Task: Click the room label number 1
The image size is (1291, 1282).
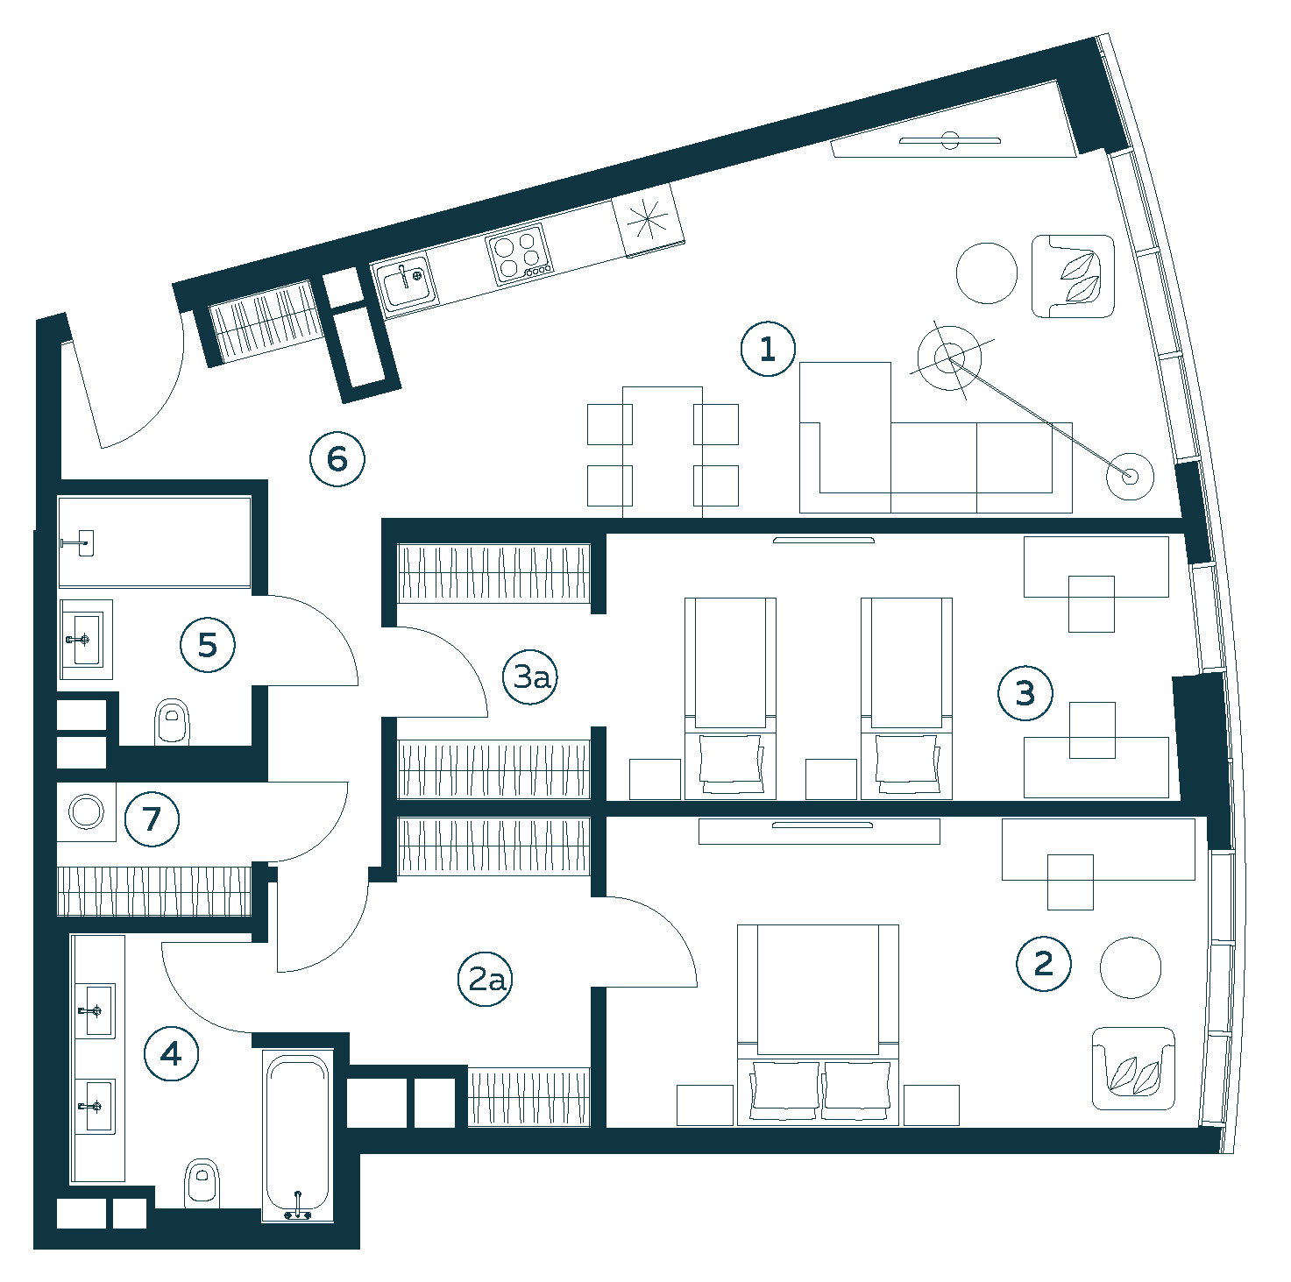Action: point(768,349)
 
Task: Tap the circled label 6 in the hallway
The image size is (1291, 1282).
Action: point(337,459)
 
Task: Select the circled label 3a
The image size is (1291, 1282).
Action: point(530,676)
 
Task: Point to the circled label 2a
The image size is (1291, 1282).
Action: point(485,979)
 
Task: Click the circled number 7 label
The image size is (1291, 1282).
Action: point(153,819)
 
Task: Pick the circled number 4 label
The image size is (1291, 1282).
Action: point(172,1053)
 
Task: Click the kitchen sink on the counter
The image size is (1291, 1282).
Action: point(405,283)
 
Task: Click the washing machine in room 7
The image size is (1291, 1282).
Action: point(87,812)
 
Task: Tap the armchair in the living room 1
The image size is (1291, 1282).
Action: point(1073,276)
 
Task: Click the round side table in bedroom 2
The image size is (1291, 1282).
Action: point(1131,967)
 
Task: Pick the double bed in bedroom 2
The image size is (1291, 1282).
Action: point(818,1025)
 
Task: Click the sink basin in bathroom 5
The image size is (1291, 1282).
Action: point(86,640)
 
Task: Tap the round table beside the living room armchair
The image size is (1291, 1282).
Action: point(987,273)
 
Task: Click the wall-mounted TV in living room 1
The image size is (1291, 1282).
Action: point(950,141)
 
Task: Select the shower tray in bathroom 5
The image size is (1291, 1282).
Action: point(154,542)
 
